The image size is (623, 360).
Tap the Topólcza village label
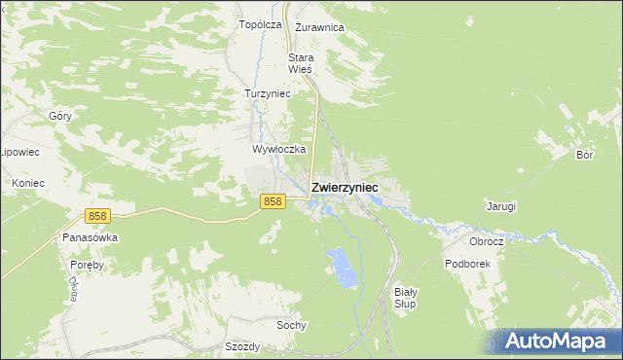[x=260, y=24]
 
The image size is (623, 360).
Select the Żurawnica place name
[x=319, y=28]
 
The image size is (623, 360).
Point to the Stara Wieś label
[x=300, y=63]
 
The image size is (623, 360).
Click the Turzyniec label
[x=267, y=94]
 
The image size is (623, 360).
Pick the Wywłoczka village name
[x=279, y=150]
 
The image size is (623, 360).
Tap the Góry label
[x=60, y=116]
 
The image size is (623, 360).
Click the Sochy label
[x=292, y=325]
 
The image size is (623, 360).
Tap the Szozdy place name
[x=242, y=347]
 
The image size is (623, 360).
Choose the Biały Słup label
[x=406, y=298]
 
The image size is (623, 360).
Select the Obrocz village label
[x=486, y=241]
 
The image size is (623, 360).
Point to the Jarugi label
[x=500, y=206]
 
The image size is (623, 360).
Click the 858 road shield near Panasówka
[x=96, y=216]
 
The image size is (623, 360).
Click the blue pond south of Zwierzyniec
[x=340, y=267]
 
